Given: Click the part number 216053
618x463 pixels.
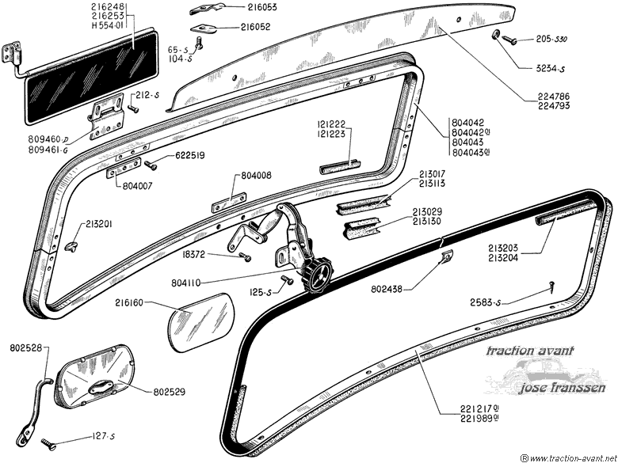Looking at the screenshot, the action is (262, 7).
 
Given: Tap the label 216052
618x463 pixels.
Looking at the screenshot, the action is (255, 27).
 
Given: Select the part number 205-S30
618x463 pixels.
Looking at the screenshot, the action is (551, 40).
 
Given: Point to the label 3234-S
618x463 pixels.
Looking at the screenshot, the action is (550, 69).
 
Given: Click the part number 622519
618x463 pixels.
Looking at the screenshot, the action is (190, 156).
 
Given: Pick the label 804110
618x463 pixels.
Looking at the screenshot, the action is (186, 283).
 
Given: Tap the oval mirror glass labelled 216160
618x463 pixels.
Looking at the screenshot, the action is (202, 321).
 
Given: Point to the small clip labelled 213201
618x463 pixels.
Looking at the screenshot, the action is (71, 246).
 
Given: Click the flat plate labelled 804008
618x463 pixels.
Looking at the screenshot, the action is (229, 203).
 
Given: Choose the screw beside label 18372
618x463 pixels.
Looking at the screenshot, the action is (245, 257).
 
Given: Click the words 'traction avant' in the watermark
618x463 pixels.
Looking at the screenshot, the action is (530, 351).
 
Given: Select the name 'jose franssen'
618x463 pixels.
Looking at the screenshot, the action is (561, 388).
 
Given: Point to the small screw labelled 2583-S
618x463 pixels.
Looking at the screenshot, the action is (551, 287).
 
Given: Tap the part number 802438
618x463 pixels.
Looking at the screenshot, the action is (387, 290).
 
